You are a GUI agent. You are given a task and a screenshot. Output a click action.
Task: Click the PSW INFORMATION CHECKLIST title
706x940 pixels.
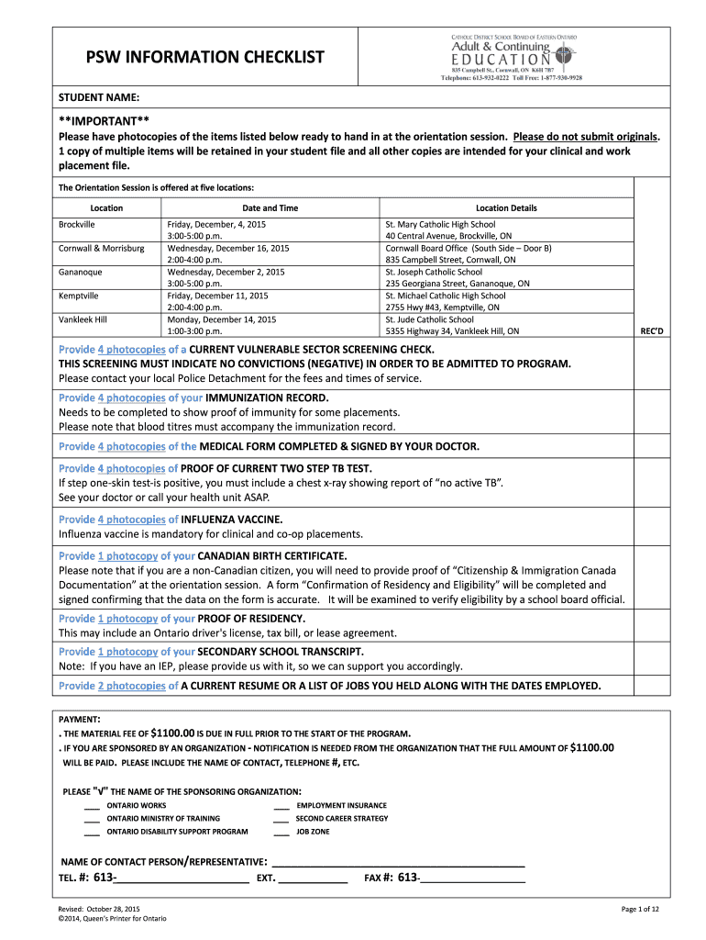[x=193, y=58]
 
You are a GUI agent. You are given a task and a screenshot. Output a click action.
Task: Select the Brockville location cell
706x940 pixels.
[x=77, y=223]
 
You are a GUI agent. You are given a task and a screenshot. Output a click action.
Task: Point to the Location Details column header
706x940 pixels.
[x=506, y=208]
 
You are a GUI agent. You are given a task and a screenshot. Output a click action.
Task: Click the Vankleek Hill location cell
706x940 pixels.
[x=83, y=319]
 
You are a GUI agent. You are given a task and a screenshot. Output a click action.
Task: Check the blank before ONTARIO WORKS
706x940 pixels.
[x=93, y=805]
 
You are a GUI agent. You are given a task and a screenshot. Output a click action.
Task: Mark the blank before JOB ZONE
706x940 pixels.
[x=281, y=833]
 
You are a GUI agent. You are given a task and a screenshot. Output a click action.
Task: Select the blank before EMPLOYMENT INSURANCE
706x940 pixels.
[x=281, y=805]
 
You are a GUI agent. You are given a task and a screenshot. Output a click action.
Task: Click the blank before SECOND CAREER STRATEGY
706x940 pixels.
[x=281, y=819]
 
